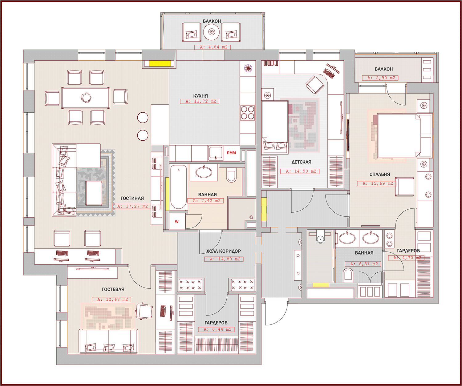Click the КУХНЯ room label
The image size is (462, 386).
click(201, 96)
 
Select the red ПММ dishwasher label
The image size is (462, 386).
click(231, 153)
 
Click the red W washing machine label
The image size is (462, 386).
click(176, 221)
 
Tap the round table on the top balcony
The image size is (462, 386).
click(212, 32)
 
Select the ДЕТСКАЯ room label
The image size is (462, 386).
click(301, 162)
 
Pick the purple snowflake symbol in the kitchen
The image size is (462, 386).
click(248, 68)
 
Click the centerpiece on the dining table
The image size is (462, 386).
click(86, 97)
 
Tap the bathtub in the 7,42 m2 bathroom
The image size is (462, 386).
click(178, 187)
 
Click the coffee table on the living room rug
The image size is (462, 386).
click(94, 193)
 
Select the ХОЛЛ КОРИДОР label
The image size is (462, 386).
click(224, 251)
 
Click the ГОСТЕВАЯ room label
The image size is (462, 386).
click(113, 289)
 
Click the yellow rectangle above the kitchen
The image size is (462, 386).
click(160, 63)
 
